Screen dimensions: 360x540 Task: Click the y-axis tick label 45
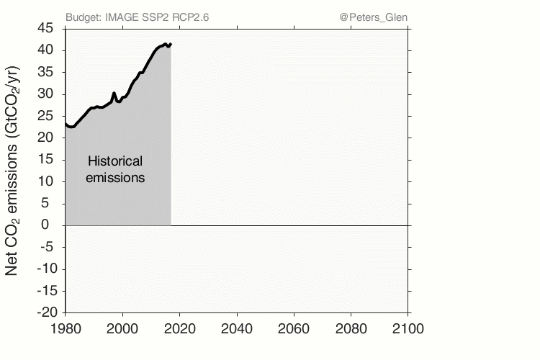[45, 28]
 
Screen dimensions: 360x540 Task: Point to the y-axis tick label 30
[45, 94]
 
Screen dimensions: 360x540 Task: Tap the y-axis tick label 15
[45, 160]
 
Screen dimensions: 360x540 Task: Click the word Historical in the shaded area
[115, 161]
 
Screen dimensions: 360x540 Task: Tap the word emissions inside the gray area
[115, 176]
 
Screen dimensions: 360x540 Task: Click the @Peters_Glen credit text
[372, 17]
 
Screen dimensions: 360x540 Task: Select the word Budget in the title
[82, 17]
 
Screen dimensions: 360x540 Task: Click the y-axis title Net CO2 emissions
[12, 171]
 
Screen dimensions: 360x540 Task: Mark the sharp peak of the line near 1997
[114, 93]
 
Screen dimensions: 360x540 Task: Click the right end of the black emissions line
[171, 44]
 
